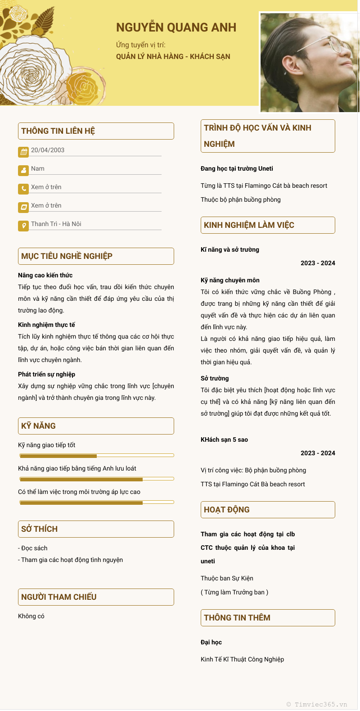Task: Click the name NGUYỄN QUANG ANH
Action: pos(176,27)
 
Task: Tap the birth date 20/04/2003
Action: pos(48,150)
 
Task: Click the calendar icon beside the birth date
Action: pos(23,152)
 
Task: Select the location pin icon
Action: pos(23,226)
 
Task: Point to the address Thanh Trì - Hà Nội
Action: pos(56,224)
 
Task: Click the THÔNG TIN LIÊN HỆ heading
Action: pos(58,131)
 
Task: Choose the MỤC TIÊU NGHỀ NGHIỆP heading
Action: pos(67,256)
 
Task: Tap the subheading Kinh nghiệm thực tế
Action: pos(46,325)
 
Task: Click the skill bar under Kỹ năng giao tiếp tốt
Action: pos(96,456)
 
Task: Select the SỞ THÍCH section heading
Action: pos(40,529)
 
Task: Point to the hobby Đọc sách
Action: pos(34,548)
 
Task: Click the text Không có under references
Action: pos(31,616)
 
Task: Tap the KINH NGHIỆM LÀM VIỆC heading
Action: pos(249,225)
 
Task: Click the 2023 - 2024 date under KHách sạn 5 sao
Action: pos(318,453)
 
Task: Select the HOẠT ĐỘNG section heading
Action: pos(227,510)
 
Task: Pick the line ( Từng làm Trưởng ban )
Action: pos(234,592)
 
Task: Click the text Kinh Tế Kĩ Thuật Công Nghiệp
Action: pos(242,659)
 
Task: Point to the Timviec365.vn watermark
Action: pos(317,704)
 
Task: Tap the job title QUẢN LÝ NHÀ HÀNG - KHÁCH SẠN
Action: pos(173,57)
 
